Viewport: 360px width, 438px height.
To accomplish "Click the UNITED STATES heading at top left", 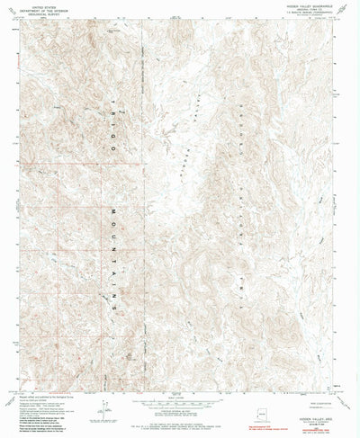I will point(38,4).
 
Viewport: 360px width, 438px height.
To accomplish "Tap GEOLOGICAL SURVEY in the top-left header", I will point(38,13).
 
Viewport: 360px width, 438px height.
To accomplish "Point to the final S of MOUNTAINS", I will point(116,307).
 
